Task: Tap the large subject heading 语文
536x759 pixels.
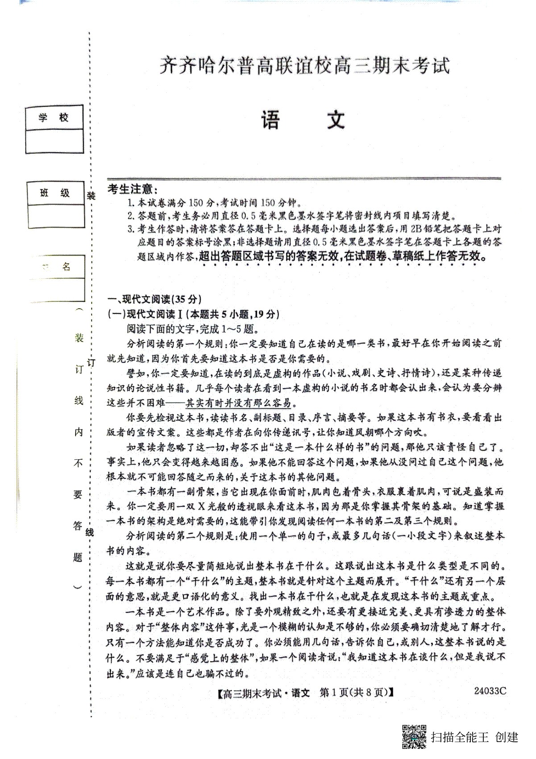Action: [x=304, y=119]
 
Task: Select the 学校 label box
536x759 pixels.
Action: [x=54, y=118]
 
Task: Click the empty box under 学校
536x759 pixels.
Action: [x=54, y=141]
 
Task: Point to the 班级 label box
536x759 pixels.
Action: [x=55, y=193]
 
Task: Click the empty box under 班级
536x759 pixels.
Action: [x=55, y=216]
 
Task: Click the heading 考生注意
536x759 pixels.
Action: [x=132, y=189]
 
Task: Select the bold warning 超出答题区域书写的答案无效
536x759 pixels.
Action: [x=268, y=256]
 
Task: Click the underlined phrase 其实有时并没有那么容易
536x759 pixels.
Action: [x=238, y=403]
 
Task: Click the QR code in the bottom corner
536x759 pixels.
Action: [x=414, y=736]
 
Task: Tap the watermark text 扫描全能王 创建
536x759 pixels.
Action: [x=474, y=737]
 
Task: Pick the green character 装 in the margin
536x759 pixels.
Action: [x=79, y=338]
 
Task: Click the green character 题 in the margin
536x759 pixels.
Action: [x=78, y=557]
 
